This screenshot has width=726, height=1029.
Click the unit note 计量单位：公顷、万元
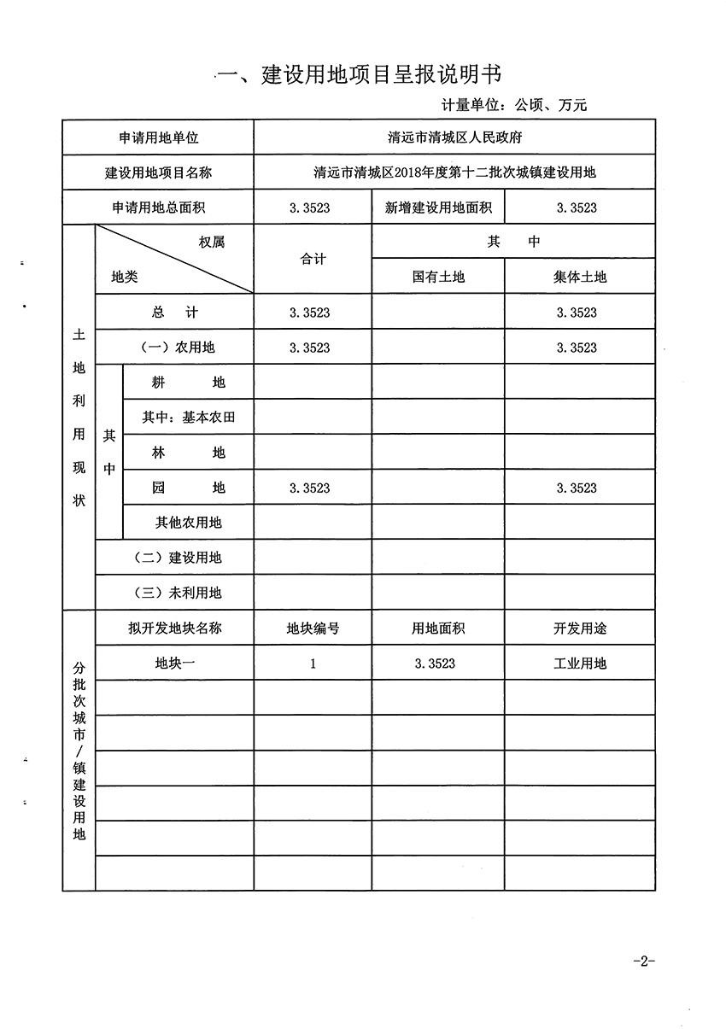pyautogui.click(x=514, y=106)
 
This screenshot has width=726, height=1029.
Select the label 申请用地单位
pyautogui.click(x=159, y=137)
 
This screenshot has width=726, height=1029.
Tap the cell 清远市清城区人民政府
pyautogui.click(x=454, y=137)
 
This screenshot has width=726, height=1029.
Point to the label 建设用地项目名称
pyautogui.click(x=159, y=172)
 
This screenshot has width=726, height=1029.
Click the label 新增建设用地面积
pyautogui.click(x=438, y=208)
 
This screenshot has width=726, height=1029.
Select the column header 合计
pyautogui.click(x=313, y=260)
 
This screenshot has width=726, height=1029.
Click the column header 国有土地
pyautogui.click(x=438, y=277)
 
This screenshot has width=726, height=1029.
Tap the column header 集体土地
pyautogui.click(x=579, y=277)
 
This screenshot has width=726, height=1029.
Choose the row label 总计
pyautogui.click(x=175, y=313)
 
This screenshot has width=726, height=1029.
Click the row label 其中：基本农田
pyautogui.click(x=189, y=418)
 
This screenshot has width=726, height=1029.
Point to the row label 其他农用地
pyautogui.click(x=189, y=522)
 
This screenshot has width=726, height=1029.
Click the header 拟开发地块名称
pyautogui.click(x=175, y=629)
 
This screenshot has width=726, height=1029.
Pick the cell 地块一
pyautogui.click(x=175, y=664)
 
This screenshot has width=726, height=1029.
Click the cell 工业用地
pyautogui.click(x=579, y=664)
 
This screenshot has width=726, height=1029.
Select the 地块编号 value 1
pyautogui.click(x=313, y=664)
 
